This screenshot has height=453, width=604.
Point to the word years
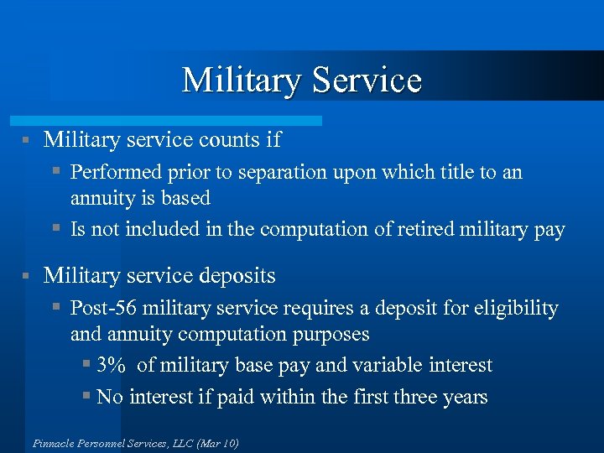(462, 397)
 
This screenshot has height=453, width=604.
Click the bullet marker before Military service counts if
(27, 139)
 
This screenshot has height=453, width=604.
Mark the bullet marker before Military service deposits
(27, 276)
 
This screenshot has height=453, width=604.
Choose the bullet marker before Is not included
(56, 229)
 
